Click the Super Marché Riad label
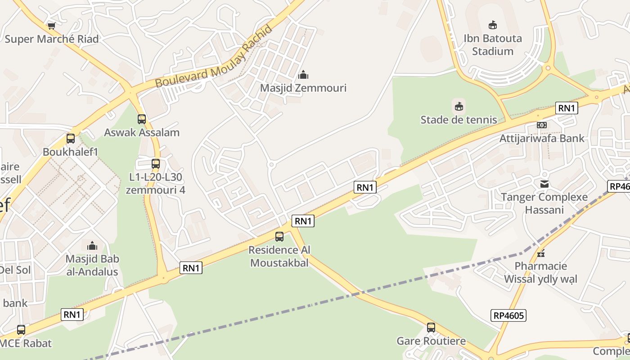coord(51,39)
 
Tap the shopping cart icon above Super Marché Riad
coord(51,26)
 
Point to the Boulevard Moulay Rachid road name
coord(214,57)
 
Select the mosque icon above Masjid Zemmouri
coord(303,74)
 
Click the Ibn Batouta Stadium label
coord(493,45)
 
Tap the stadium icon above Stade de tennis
coord(459,107)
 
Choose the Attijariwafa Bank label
coord(542,138)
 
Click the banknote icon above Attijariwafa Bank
coord(542,125)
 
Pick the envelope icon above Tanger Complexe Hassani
coord(544,184)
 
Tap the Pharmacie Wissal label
coord(540,272)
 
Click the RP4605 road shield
coord(508,315)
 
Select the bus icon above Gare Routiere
coord(431,328)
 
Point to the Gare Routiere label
coord(431,341)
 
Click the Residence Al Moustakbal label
coord(279,256)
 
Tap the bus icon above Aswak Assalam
coord(142,119)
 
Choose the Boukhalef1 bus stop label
coord(70,152)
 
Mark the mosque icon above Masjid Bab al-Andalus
coord(92,246)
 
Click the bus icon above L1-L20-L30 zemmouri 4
coord(156,164)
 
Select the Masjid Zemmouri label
coord(303,88)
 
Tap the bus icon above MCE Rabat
coord(21,330)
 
